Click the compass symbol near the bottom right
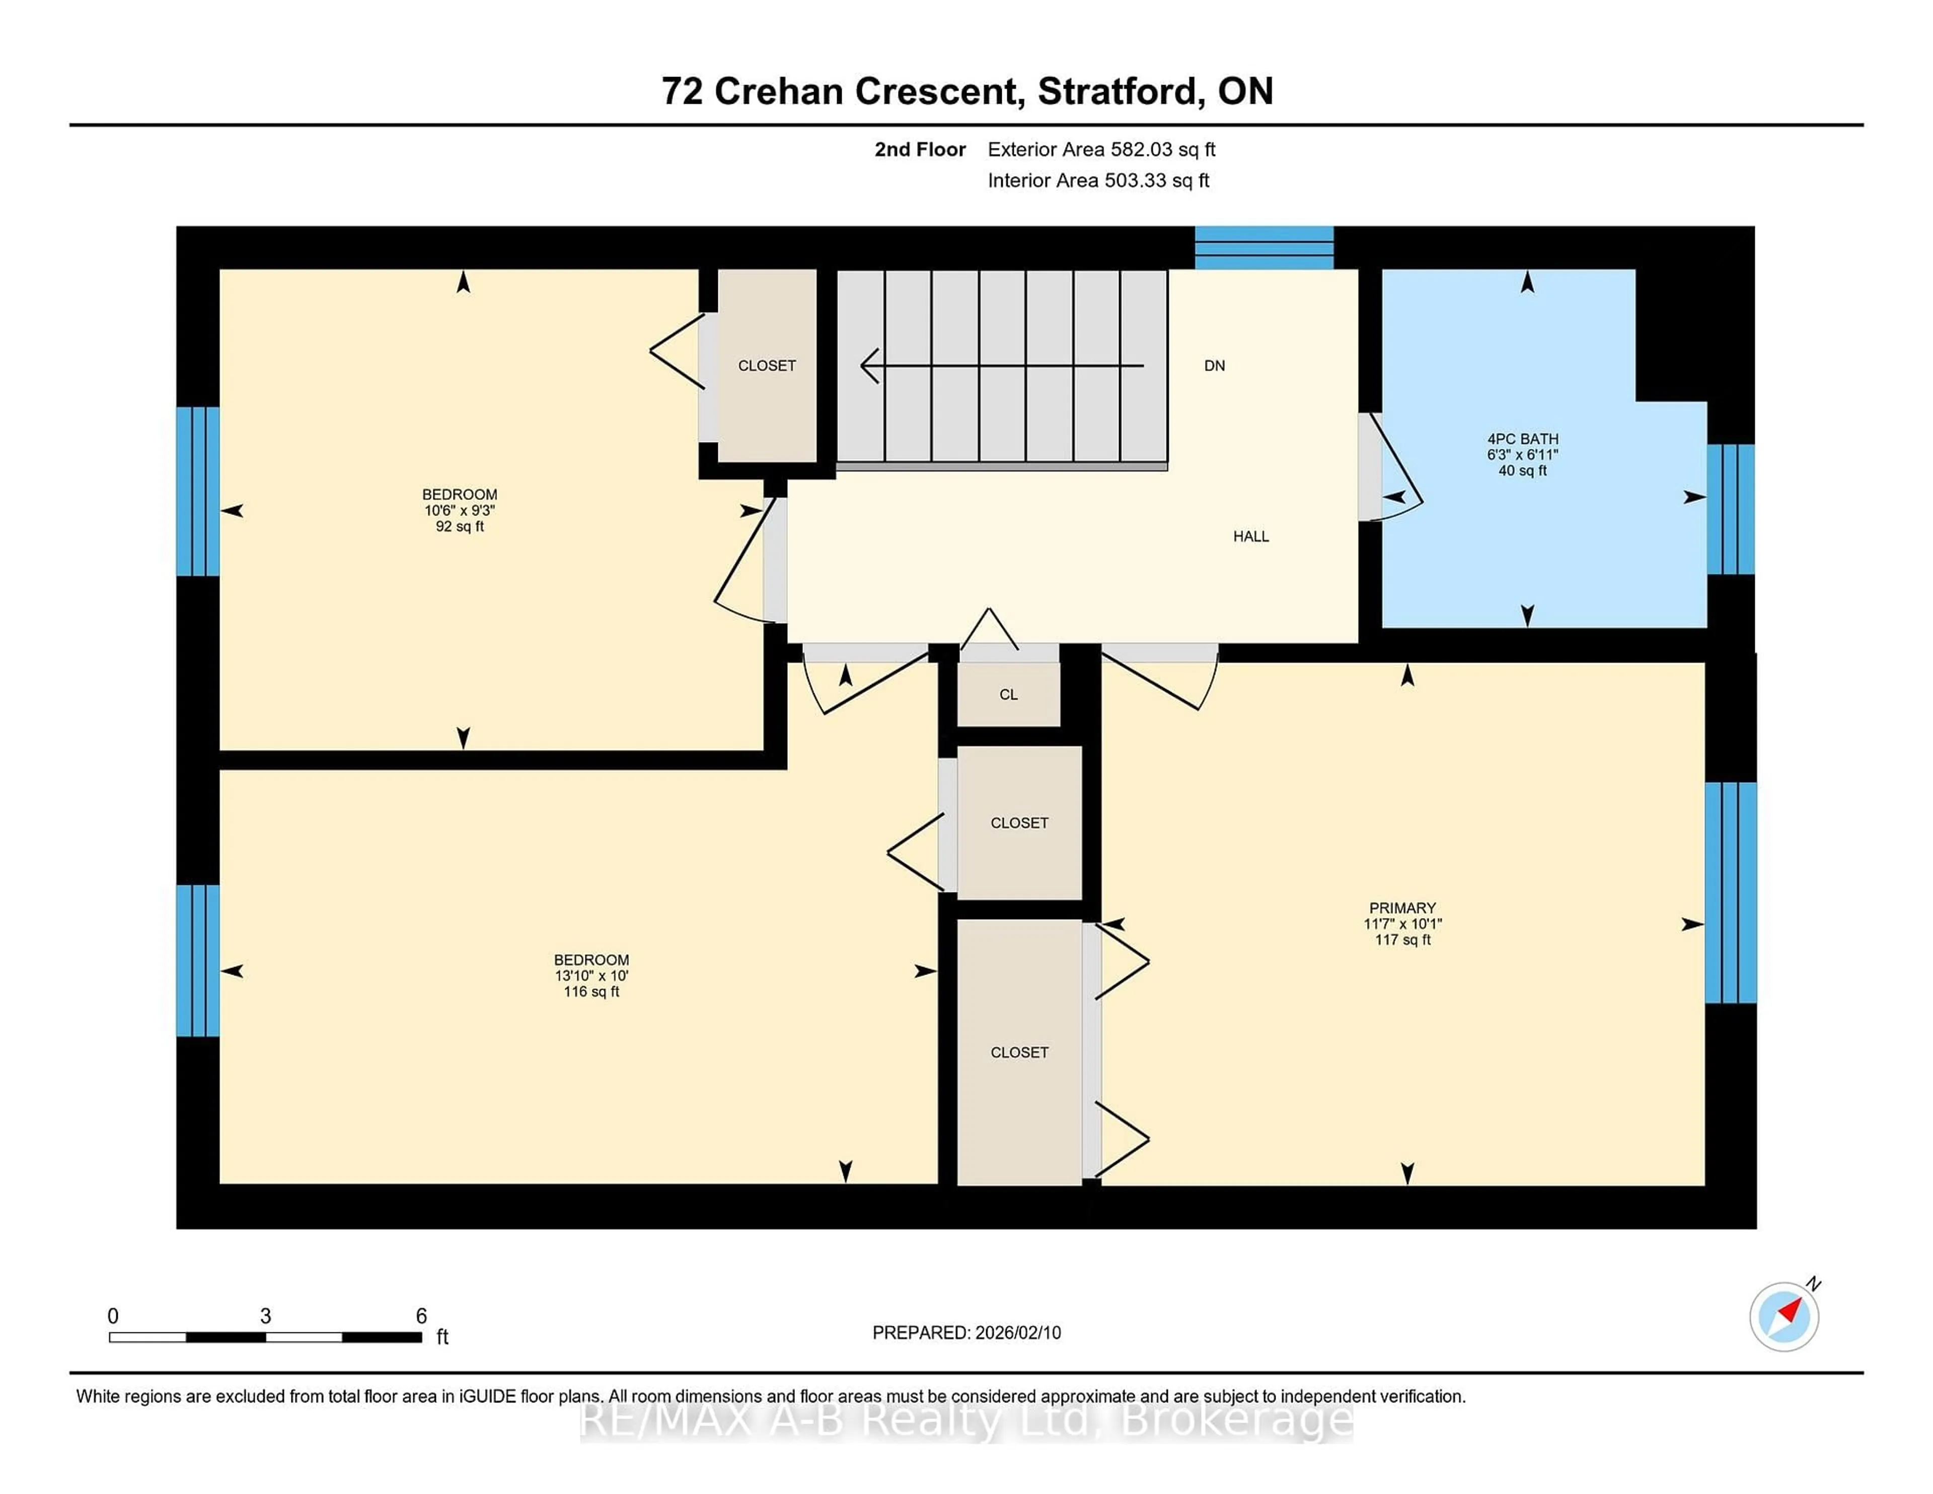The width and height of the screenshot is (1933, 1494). pyautogui.click(x=1783, y=1316)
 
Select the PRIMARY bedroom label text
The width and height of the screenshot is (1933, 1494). pyautogui.click(x=1402, y=908)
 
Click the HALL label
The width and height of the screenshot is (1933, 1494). pyautogui.click(x=1250, y=537)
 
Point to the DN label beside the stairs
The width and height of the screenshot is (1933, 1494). pyautogui.click(x=1214, y=365)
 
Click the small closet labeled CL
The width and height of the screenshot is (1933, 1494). pyautogui.click(x=1008, y=695)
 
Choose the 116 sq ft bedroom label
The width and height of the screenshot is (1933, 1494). pyautogui.click(x=591, y=976)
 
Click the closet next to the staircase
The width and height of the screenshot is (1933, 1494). pyautogui.click(x=767, y=365)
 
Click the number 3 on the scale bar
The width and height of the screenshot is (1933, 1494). pyautogui.click(x=265, y=1316)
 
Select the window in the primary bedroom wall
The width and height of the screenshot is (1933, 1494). pyautogui.click(x=1730, y=892)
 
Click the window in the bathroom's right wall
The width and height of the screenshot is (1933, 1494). pyautogui.click(x=1730, y=509)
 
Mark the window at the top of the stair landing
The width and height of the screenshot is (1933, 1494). pyautogui.click(x=1264, y=248)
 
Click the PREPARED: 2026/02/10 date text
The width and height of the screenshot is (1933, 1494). pyautogui.click(x=966, y=1333)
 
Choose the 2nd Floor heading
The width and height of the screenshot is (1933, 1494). pyautogui.click(x=920, y=150)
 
